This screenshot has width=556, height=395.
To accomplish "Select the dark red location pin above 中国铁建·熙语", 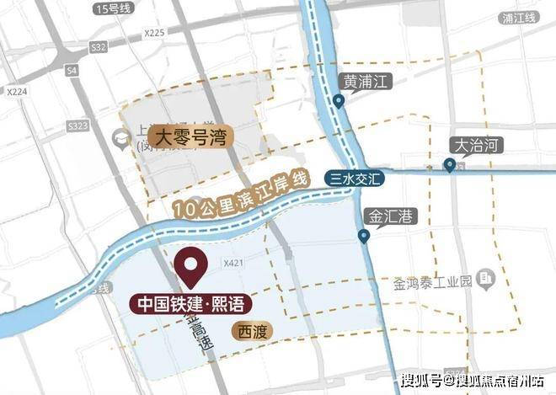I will (x=191, y=268).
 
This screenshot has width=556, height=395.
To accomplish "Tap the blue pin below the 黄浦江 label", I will (x=339, y=102).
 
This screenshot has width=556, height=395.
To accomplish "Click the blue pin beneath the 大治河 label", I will (x=451, y=164).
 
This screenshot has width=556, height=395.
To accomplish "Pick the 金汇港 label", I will (x=388, y=216).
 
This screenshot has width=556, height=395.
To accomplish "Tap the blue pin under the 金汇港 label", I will (x=365, y=237).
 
